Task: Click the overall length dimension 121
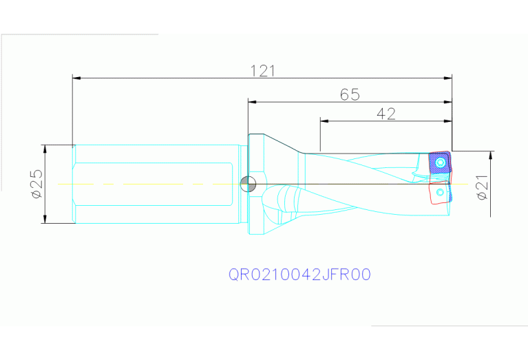coord(262,70)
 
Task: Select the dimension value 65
coord(350,94)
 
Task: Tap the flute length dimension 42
coord(386,114)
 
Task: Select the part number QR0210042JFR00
coord(299,275)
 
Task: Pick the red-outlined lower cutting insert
coord(439,193)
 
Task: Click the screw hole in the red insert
coord(439,191)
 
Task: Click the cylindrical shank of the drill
coord(155,184)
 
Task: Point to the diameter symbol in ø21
coord(483,195)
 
